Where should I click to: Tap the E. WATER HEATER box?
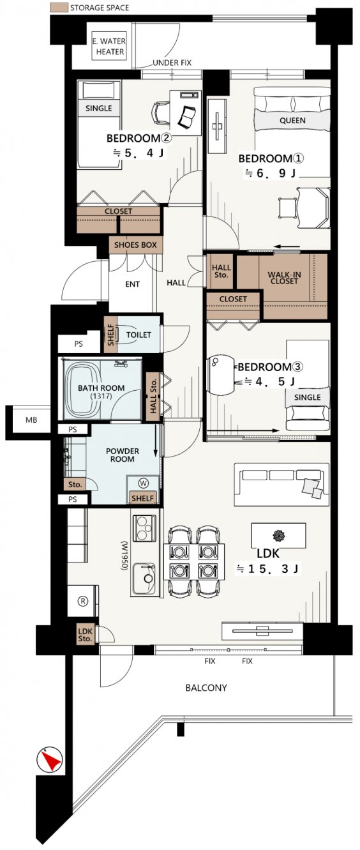point(110,46)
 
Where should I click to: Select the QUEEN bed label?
point(292,120)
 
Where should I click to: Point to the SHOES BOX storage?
point(135,245)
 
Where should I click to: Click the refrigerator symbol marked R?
point(83,601)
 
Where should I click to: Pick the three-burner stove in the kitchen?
point(144,528)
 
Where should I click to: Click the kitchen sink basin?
point(144,578)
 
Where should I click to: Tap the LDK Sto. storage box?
point(86,634)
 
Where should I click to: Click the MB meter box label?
point(31,420)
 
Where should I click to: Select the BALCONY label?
point(206,687)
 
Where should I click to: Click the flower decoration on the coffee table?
point(279,535)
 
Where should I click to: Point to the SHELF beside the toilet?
point(110,335)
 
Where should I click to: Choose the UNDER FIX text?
point(172,63)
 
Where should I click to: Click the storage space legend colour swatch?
point(59,7)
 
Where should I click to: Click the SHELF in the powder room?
point(142,498)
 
